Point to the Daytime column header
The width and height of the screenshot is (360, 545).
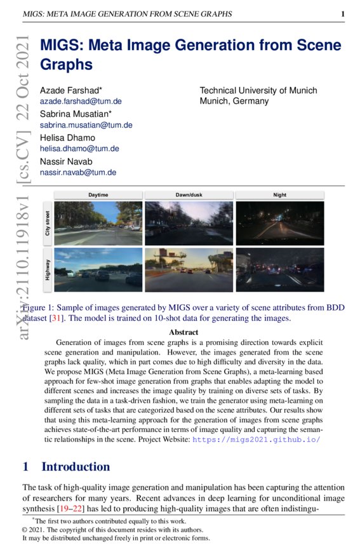[x=98, y=194]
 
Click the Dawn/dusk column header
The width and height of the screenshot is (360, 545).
[x=189, y=194]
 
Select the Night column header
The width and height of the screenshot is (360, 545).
[x=279, y=194]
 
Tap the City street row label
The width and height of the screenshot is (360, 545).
[x=47, y=224]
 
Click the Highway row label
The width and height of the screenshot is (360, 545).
[x=47, y=269]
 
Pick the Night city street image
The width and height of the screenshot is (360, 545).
[x=279, y=223]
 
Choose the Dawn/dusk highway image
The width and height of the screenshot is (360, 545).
[x=189, y=269]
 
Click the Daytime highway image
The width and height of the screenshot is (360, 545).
[x=98, y=269]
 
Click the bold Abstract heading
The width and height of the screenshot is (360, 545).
[x=183, y=332]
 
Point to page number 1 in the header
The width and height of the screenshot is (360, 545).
[x=342, y=14]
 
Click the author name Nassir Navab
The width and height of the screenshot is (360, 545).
[x=68, y=161]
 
